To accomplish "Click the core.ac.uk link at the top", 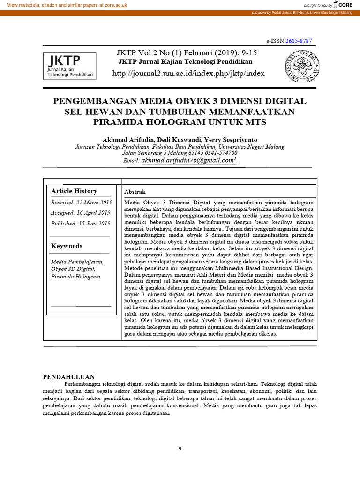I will point(116,5).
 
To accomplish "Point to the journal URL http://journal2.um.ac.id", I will point(189,74).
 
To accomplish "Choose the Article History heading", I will point(74,191).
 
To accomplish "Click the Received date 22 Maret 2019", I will point(81,202).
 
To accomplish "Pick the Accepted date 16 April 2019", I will point(80,213).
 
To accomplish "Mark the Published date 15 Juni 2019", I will point(81,224).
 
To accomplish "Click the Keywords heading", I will point(67,246).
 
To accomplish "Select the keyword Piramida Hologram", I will point(76,277).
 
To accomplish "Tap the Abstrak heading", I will point(135,192).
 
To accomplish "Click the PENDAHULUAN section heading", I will point(69,376).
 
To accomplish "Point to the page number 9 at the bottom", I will point(180,449).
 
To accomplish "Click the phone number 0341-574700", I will point(219,153).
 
